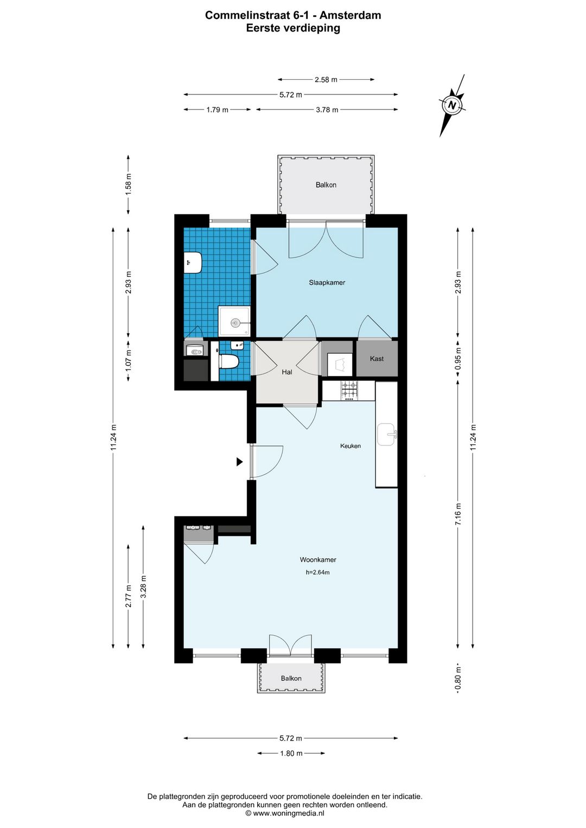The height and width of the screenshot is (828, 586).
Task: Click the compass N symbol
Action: point(451,105)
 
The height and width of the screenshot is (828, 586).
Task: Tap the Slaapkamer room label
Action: point(327,282)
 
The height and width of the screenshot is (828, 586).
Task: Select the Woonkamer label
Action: point(318,559)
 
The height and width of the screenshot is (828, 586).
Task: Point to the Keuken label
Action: point(351,446)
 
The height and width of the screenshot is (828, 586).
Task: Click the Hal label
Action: point(287,372)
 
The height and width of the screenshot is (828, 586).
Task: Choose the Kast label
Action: point(377,359)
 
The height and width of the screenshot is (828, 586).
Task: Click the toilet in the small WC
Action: point(228,361)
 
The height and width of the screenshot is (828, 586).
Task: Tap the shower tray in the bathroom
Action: point(234,321)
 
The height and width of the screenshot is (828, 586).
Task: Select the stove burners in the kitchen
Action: point(349,390)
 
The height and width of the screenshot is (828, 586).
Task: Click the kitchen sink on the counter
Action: point(387,435)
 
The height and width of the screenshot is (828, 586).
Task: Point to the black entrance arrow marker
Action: point(240,461)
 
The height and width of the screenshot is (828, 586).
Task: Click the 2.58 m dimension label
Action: point(326,79)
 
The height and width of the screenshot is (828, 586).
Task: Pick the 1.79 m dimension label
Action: point(217,110)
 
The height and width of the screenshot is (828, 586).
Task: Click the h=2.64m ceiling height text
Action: point(317,572)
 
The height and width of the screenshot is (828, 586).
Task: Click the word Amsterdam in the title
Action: point(350,15)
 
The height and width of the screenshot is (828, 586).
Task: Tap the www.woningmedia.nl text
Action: point(288,813)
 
